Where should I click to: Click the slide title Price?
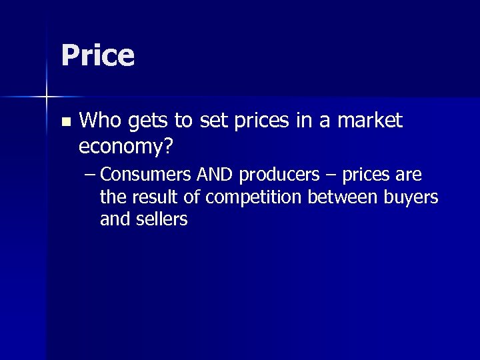click(98, 56)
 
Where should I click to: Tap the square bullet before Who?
click(65, 122)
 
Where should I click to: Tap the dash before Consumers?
click(91, 175)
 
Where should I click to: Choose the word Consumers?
click(147, 175)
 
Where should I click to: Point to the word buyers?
click(416, 198)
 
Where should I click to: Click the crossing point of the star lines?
click(47, 98)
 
